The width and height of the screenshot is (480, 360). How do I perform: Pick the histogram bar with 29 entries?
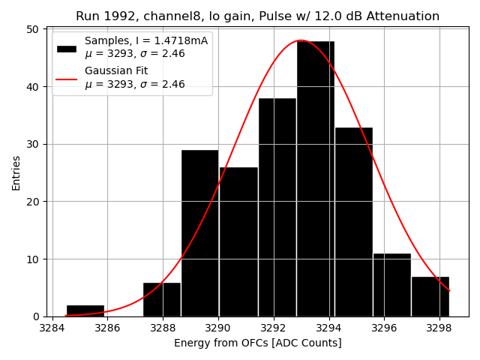click(199, 233)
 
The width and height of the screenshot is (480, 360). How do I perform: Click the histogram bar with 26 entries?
click(238, 241)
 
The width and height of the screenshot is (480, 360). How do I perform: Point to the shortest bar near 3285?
click(85, 310)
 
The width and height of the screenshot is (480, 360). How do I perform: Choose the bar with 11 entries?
click(391, 285)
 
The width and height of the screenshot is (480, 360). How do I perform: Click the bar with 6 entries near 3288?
click(161, 299)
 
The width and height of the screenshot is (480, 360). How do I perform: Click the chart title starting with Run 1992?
click(257, 16)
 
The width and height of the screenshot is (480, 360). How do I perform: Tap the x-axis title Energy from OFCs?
click(257, 343)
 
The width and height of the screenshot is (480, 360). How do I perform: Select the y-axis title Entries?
click(16, 172)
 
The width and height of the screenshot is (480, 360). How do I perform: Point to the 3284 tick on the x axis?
click(52, 328)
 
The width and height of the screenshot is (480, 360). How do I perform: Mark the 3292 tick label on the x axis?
click(273, 328)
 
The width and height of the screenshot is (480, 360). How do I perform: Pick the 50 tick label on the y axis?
click(33, 29)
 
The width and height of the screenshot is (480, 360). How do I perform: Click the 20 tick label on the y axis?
click(33, 202)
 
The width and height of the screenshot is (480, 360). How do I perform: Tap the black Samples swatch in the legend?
click(67, 48)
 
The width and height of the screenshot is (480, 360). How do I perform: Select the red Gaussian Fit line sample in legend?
click(67, 78)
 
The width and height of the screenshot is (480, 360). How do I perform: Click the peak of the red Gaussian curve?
click(301, 40)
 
